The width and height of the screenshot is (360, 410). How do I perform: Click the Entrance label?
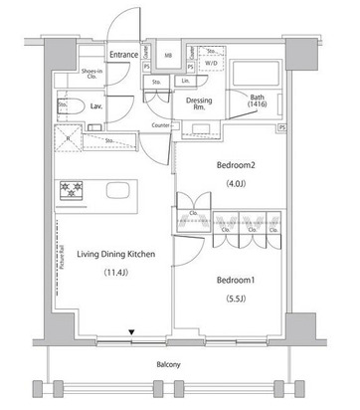122,55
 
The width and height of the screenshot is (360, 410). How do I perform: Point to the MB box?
168,55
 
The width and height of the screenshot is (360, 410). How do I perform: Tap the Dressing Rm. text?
198,103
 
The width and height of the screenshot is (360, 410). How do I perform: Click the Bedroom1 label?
238,280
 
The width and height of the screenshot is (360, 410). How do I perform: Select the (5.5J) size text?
238,299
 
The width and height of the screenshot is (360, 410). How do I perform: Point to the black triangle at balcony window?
130,334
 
